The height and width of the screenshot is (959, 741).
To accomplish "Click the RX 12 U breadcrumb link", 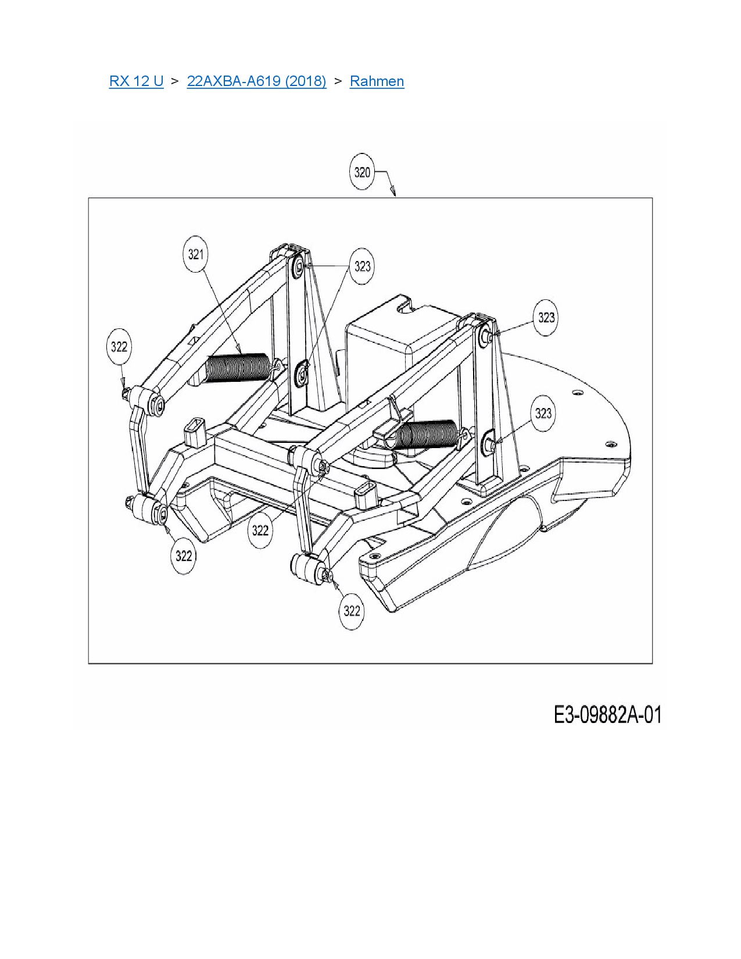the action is click(x=137, y=81).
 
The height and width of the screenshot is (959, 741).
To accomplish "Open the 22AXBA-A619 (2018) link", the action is click(x=256, y=81).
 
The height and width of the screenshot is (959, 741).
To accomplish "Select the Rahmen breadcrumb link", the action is click(x=377, y=81).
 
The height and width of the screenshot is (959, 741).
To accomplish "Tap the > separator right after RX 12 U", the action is click(x=175, y=81).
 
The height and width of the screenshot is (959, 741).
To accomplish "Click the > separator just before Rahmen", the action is click(x=338, y=81).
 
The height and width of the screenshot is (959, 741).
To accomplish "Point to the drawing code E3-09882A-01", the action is click(x=608, y=715).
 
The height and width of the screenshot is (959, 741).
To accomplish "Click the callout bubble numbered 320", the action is click(x=362, y=172).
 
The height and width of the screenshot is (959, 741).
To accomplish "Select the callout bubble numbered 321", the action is click(x=195, y=254).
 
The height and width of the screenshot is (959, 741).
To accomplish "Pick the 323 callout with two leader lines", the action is click(x=362, y=266).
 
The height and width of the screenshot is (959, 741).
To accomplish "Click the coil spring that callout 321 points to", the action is click(x=238, y=367).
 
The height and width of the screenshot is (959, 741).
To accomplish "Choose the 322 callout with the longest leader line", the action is click(x=260, y=529).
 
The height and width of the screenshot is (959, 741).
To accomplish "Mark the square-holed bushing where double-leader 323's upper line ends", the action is click(x=299, y=265).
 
